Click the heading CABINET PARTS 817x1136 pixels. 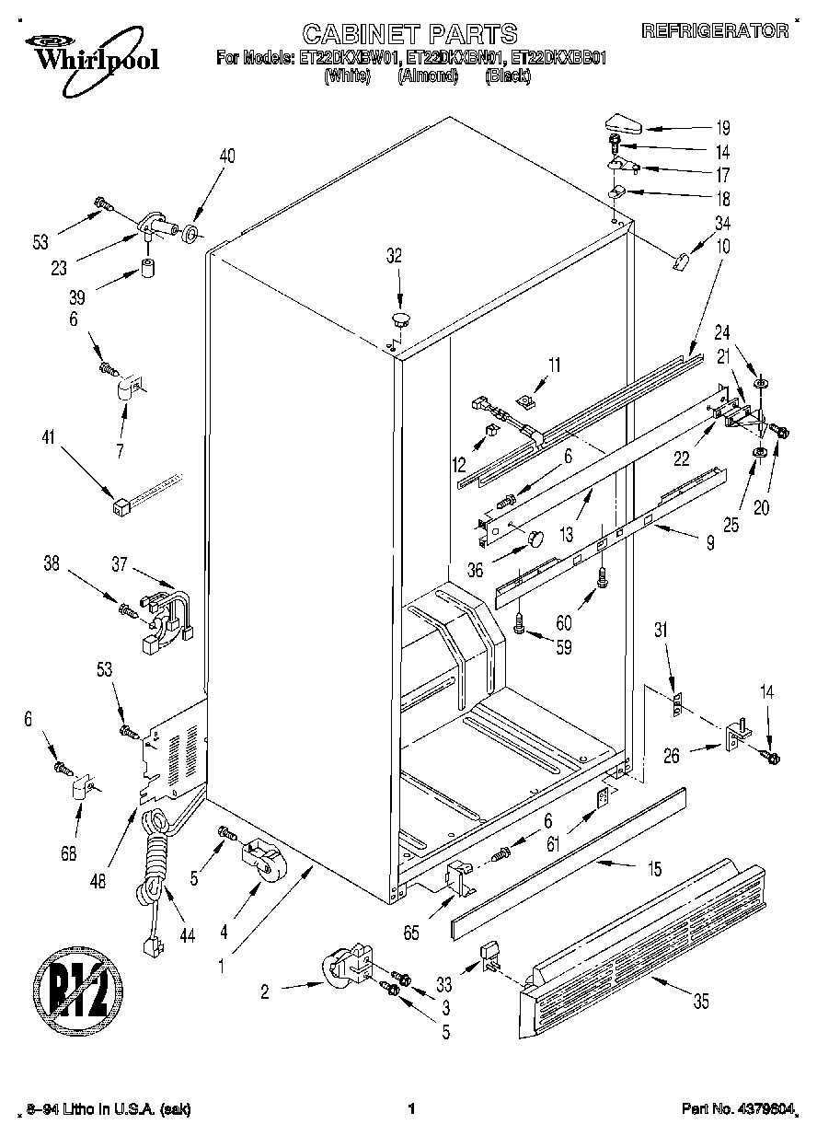(409, 35)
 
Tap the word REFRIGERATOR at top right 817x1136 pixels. (715, 30)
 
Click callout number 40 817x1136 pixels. (226, 156)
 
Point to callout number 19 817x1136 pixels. (722, 128)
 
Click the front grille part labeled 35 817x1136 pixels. (644, 948)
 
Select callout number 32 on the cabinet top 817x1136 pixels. (394, 258)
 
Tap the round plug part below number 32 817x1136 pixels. (400, 319)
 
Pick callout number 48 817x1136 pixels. (98, 880)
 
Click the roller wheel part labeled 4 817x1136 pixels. (262, 860)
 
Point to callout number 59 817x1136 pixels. (563, 647)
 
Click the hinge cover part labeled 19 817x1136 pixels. (628, 122)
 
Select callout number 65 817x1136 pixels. (410, 933)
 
